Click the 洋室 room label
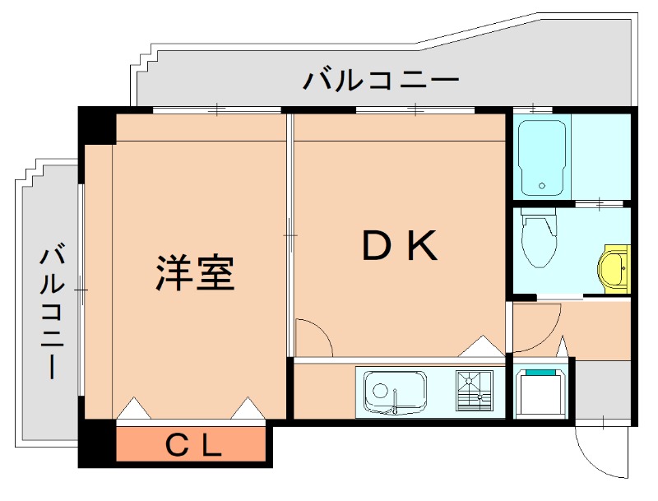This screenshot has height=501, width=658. pyautogui.click(x=196, y=273)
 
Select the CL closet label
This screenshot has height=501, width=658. pyautogui.click(x=194, y=446)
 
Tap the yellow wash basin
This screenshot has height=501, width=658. pyautogui.click(x=614, y=268)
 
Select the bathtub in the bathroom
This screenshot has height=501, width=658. pyautogui.click(x=542, y=155)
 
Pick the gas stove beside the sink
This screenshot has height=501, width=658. pyautogui.click(x=474, y=390)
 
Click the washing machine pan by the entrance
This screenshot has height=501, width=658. pyautogui.click(x=540, y=392)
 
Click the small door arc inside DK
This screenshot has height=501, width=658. pyautogui.click(x=313, y=338)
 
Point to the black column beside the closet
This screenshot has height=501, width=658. pyautogui.click(x=97, y=445)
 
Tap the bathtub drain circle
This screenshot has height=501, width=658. pyautogui.click(x=542, y=187)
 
